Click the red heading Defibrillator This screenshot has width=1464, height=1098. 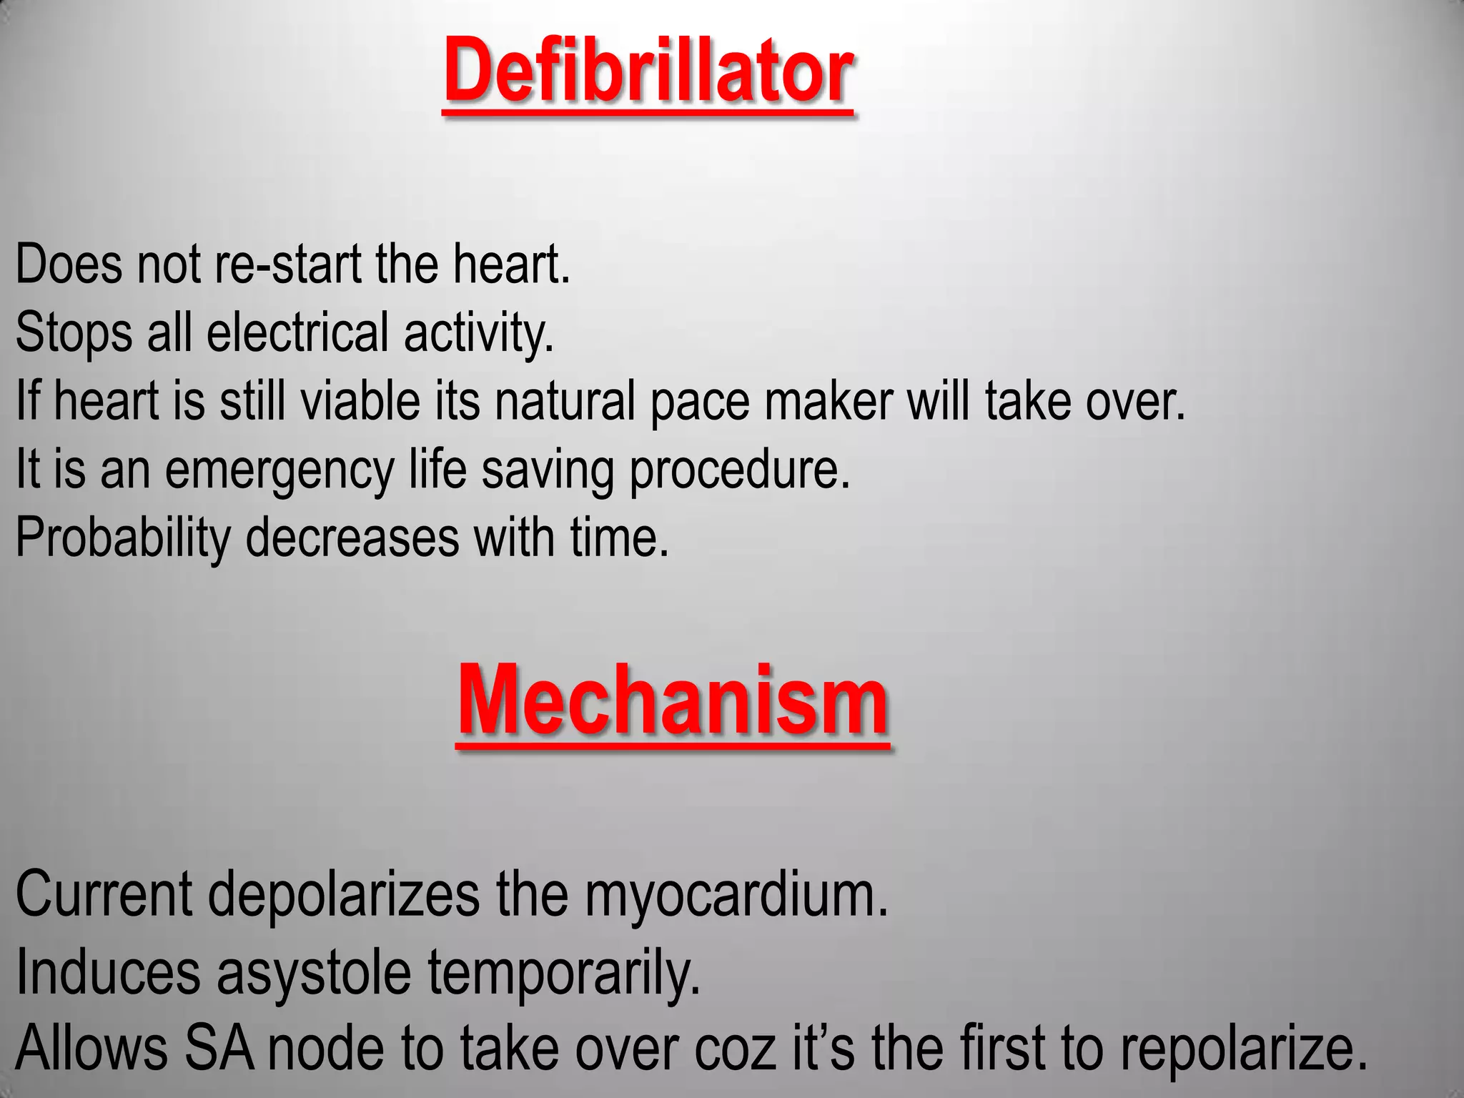pyautogui.click(x=648, y=71)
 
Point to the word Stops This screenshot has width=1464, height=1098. pyautogui.click(x=74, y=333)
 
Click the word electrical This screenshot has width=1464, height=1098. pyautogui.click(x=297, y=333)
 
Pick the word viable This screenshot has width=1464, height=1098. pyautogui.click(x=360, y=401)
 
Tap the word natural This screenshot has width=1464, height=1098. pyautogui.click(x=565, y=401)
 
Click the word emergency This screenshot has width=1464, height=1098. pyautogui.click(x=280, y=470)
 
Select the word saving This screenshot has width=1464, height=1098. pyautogui.click(x=548, y=470)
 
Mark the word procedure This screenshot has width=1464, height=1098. pyautogui.click(x=739, y=470)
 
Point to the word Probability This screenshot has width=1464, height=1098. pyautogui.click(x=122, y=538)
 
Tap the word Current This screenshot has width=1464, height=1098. pyautogui.click(x=104, y=894)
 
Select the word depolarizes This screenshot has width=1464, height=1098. pyautogui.click(x=344, y=894)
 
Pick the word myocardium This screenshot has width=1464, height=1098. pyautogui.click(x=736, y=894)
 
